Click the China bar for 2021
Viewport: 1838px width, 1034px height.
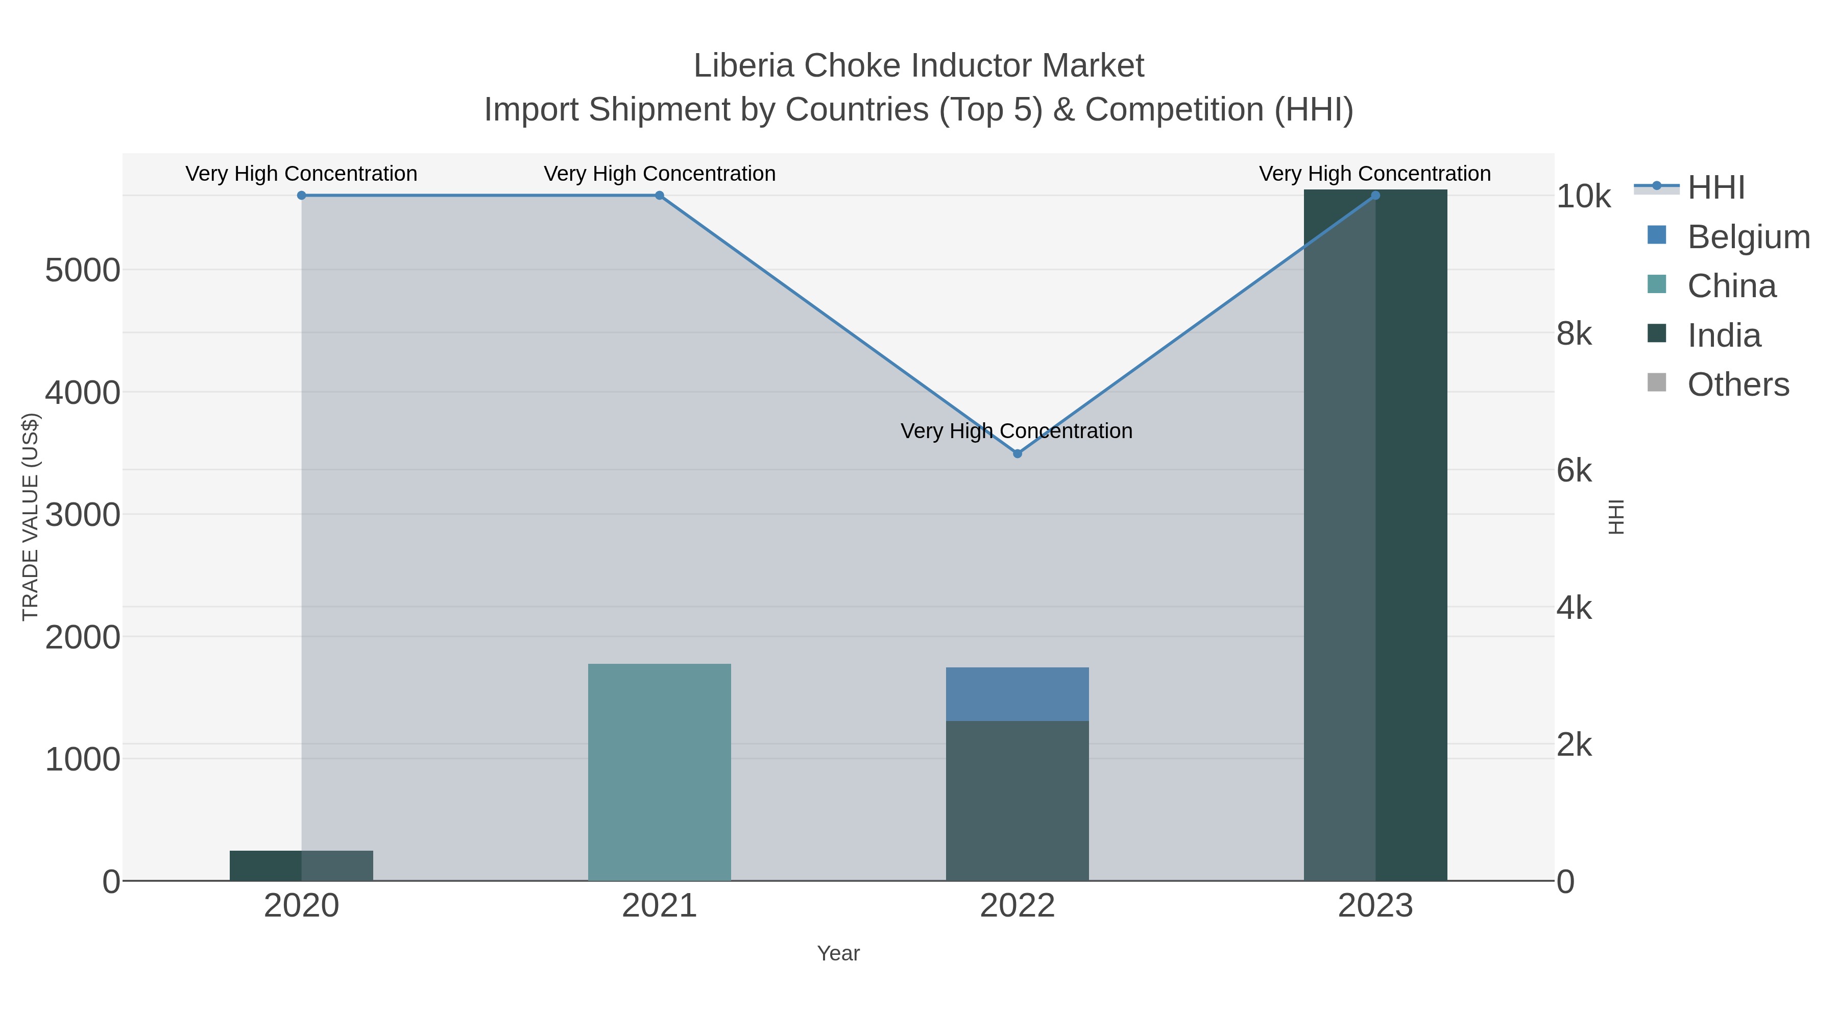659,772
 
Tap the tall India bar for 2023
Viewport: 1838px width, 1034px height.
1375,535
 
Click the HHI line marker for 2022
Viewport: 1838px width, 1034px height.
1018,453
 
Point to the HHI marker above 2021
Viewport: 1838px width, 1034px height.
659,196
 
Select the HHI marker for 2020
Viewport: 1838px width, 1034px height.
301,196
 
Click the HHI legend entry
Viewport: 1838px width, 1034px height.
1715,188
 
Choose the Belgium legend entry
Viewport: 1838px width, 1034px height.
1748,237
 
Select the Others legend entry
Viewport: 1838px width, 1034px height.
1737,384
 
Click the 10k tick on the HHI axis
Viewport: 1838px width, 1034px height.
1583,197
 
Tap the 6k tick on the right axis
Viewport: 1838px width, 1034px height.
1574,471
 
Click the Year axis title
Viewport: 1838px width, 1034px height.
838,953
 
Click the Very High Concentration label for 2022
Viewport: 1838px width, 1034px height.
1016,431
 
